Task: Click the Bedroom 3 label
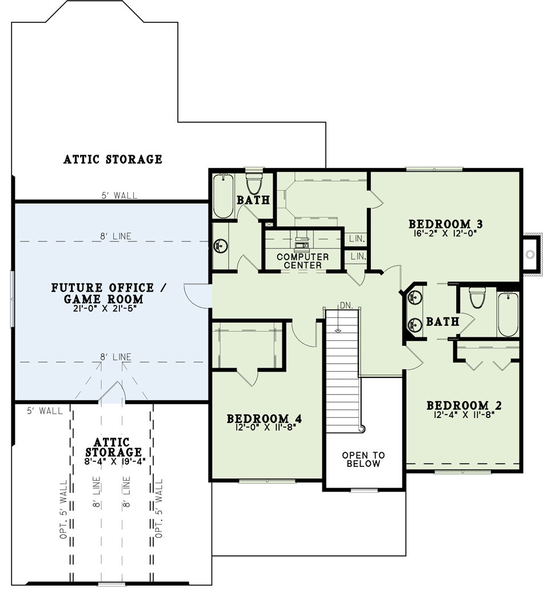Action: pyautogui.click(x=445, y=224)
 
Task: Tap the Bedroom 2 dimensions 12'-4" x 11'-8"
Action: pyautogui.click(x=464, y=414)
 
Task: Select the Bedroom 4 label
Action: pyautogui.click(x=265, y=418)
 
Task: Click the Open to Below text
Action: pyautogui.click(x=364, y=459)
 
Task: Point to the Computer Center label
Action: pyautogui.click(x=302, y=261)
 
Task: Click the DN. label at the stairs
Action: pyautogui.click(x=346, y=305)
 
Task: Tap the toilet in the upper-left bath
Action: pyautogui.click(x=254, y=183)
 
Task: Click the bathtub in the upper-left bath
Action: pyautogui.click(x=223, y=196)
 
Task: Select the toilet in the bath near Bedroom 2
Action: pyautogui.click(x=477, y=297)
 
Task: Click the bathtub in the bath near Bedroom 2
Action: pyautogui.click(x=508, y=314)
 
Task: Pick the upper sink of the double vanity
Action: pyautogui.click(x=414, y=297)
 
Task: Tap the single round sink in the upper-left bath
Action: pyautogui.click(x=220, y=246)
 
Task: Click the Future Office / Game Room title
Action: pyautogui.click(x=109, y=293)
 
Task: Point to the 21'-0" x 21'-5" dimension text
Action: pyautogui.click(x=105, y=309)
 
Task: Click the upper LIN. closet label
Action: pyautogui.click(x=357, y=239)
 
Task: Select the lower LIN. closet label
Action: pyautogui.click(x=358, y=256)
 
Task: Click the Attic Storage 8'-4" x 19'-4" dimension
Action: pyautogui.click(x=114, y=461)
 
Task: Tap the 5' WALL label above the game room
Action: pyautogui.click(x=119, y=195)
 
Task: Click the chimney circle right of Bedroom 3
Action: pyautogui.click(x=530, y=254)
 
